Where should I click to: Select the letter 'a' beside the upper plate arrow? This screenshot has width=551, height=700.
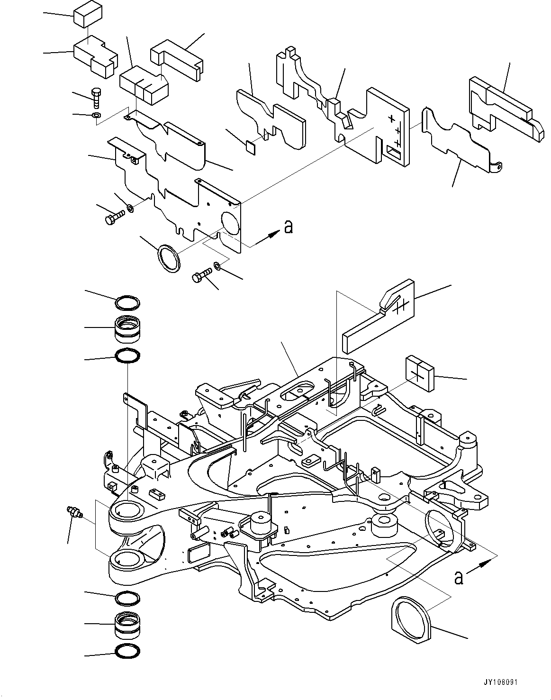tap(288, 227)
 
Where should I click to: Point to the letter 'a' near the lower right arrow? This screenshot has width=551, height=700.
tap(458, 578)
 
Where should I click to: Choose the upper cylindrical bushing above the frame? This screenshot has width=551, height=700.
tap(127, 328)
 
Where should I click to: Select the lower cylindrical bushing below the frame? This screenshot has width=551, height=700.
tap(127, 626)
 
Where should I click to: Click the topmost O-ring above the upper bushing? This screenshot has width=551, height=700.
tap(128, 302)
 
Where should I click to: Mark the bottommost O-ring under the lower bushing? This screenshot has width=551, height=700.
tap(128, 653)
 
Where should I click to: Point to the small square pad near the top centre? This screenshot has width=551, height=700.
tap(251, 146)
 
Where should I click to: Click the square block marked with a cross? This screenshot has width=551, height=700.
tap(418, 374)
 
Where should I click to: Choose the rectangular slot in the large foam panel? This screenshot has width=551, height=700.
tap(394, 152)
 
